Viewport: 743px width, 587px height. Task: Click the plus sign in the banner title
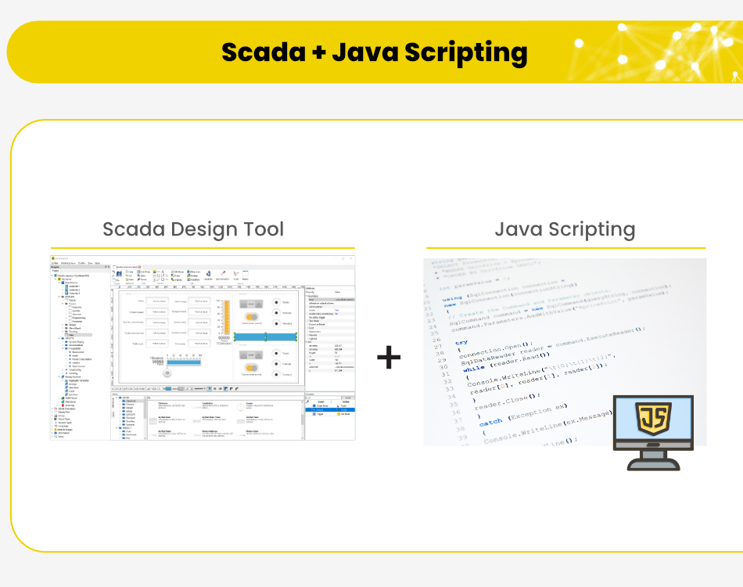320,53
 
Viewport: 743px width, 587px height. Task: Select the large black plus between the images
389,358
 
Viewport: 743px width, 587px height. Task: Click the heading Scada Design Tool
193,229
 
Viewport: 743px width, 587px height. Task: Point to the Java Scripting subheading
565,229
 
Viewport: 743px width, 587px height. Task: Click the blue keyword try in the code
461,342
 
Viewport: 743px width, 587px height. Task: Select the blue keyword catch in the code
491,422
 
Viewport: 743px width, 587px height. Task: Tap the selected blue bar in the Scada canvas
265,336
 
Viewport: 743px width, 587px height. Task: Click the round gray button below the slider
167,373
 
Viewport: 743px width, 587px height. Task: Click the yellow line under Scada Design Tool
203,248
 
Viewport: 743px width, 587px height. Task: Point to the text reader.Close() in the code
497,405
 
